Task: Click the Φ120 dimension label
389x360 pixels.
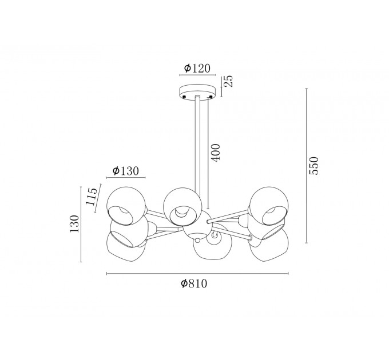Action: (x=197, y=68)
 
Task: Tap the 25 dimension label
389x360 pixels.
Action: (x=229, y=81)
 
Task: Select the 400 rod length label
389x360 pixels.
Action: (x=216, y=153)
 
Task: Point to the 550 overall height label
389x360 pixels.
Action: (x=313, y=166)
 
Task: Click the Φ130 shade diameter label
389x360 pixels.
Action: (x=125, y=171)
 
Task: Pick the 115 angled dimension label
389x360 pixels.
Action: (x=92, y=197)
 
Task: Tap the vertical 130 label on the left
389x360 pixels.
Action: (x=74, y=224)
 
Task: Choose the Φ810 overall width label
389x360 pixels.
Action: (x=194, y=283)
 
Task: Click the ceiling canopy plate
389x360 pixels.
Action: (x=197, y=93)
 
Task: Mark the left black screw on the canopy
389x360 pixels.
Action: (x=184, y=97)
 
